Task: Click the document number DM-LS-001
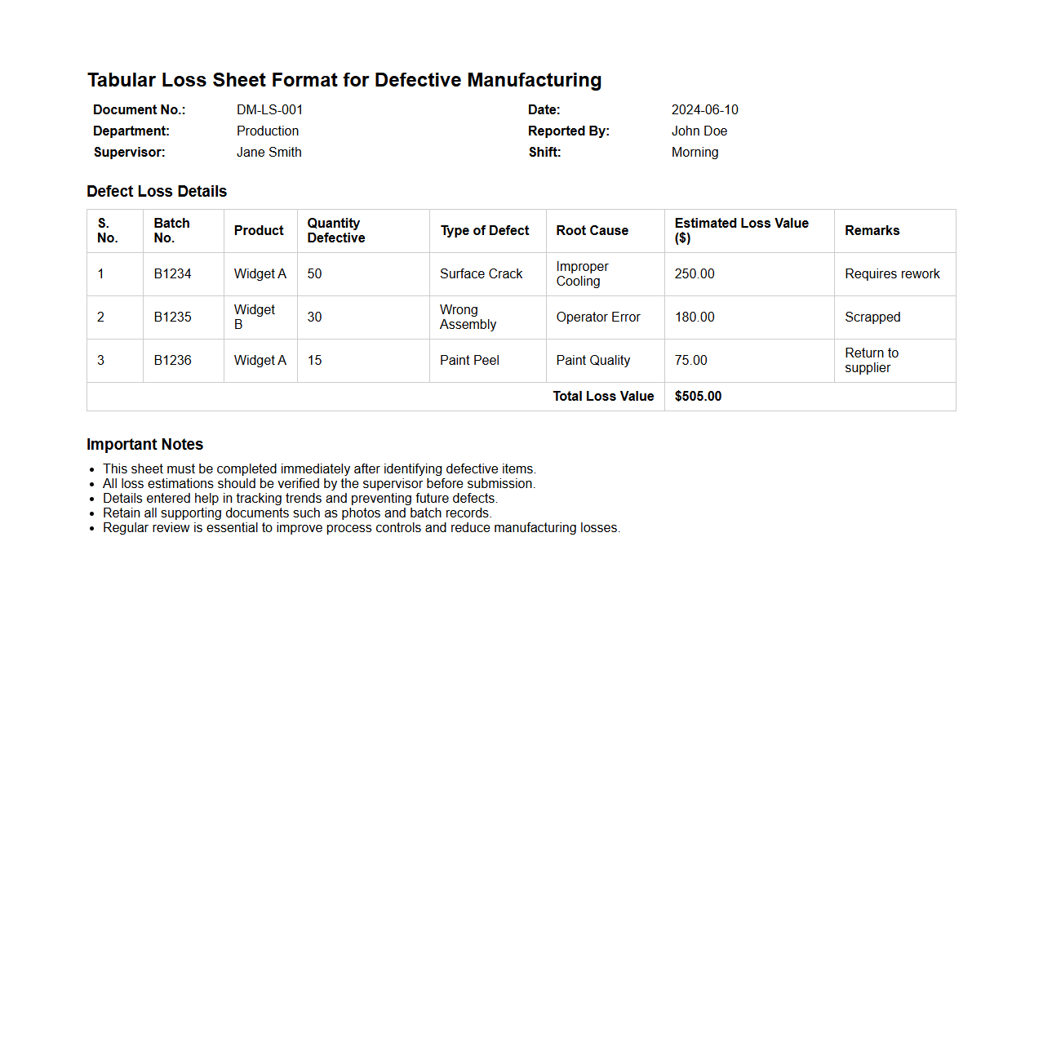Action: [x=269, y=109]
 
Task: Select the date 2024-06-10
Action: [x=704, y=109]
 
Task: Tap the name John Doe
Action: [x=699, y=131]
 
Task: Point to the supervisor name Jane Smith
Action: [x=269, y=152]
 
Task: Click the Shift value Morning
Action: [x=695, y=152]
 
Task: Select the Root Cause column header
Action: [x=592, y=231]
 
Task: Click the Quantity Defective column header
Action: [x=335, y=231]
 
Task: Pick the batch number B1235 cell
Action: [x=172, y=317]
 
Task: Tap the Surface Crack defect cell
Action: [x=481, y=274]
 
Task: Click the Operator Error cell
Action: [x=597, y=317]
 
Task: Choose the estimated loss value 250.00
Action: [x=694, y=274]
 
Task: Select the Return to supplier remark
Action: [x=871, y=361]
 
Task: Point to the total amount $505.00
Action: [x=698, y=397]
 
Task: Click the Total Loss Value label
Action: [x=603, y=397]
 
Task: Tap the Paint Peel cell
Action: [x=469, y=361]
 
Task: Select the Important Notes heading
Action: [x=144, y=445]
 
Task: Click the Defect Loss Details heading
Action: [x=157, y=192]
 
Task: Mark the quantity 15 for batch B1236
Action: [x=314, y=361]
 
